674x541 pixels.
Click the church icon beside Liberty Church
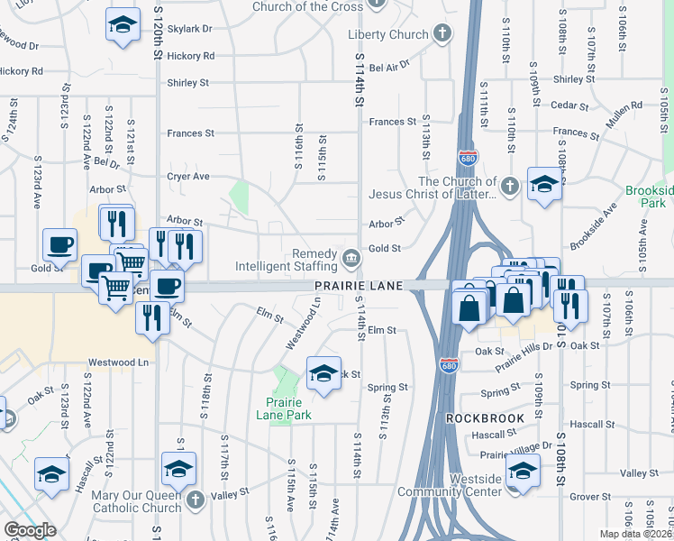tap(442, 34)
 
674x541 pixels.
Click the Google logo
tap(30, 530)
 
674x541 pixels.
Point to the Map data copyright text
tap(635, 534)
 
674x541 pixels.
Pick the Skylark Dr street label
tap(189, 29)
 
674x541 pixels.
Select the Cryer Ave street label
tap(187, 177)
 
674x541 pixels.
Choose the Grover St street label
tap(590, 496)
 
